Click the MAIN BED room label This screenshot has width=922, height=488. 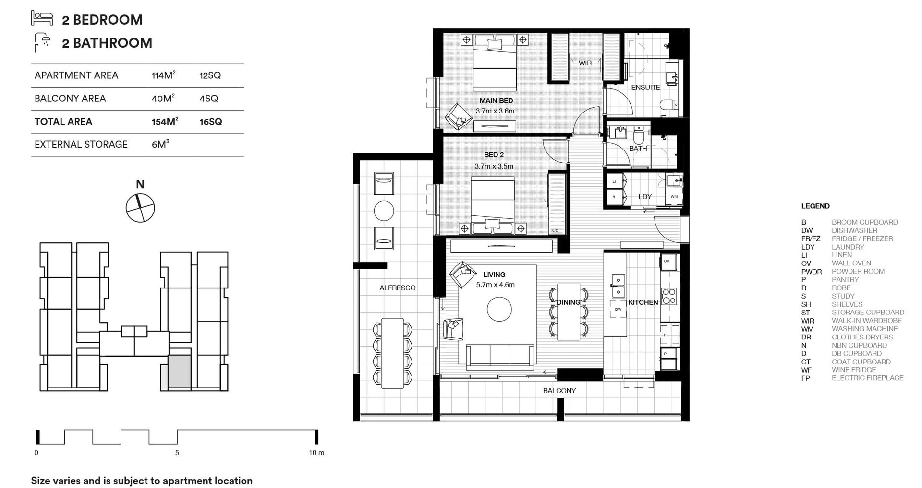[x=496, y=100]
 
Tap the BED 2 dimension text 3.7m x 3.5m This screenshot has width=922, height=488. [x=494, y=166]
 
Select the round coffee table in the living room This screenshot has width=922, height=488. [x=499, y=309]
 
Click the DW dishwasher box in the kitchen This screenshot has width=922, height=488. [x=618, y=309]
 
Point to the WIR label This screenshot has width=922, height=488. [x=584, y=63]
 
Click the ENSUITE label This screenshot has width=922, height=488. [x=645, y=88]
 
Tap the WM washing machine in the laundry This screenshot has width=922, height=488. [x=674, y=197]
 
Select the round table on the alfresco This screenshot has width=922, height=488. [x=384, y=211]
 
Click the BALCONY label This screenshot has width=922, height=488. [x=559, y=391]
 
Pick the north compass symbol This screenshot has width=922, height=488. [x=140, y=208]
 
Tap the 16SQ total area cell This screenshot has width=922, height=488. [x=211, y=122]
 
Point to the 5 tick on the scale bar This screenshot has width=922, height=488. [x=177, y=452]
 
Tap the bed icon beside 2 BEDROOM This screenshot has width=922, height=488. [x=42, y=18]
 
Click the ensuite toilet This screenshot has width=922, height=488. [x=667, y=104]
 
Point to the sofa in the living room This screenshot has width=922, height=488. [x=499, y=357]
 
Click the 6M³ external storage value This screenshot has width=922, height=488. [x=160, y=144]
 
